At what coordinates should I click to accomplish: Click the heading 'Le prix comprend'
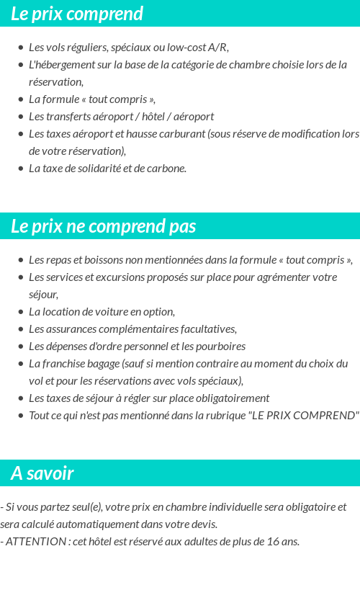tap(77, 14)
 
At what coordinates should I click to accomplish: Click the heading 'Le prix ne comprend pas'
tap(103, 226)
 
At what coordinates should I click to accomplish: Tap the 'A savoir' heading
tap(42, 473)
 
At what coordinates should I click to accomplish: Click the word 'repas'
tap(58, 260)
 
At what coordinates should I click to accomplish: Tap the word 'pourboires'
tap(222, 347)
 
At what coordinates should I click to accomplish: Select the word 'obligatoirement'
tap(234, 398)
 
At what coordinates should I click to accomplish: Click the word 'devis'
tap(202, 524)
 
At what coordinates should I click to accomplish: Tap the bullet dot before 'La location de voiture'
tap(21, 312)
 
